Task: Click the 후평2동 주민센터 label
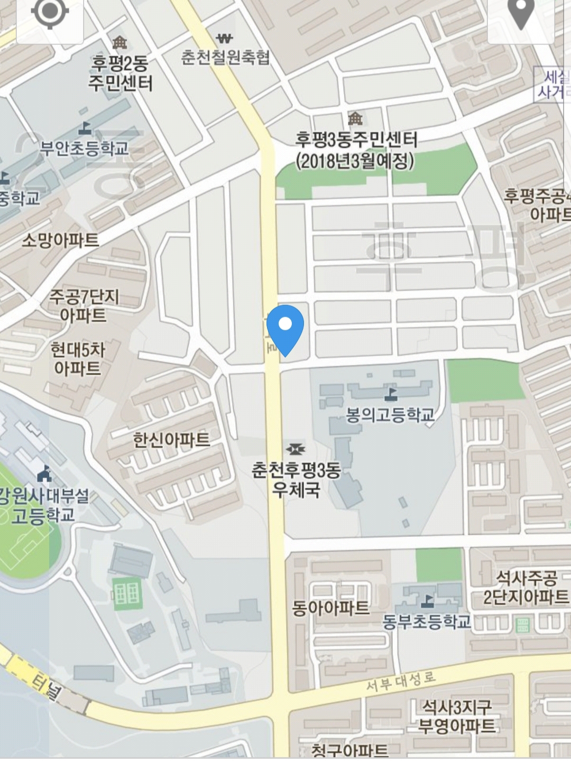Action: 120,73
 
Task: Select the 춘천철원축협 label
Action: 225,57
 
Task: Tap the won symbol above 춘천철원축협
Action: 225,39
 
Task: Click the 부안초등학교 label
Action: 85,148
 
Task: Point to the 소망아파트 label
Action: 60,240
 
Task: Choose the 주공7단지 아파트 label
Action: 84,305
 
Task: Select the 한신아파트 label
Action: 171,439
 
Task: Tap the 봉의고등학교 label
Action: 390,414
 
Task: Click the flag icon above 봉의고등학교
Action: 391,393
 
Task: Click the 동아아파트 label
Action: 330,608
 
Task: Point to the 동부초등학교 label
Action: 427,621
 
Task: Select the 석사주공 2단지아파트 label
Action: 526,587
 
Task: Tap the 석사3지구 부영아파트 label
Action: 457,716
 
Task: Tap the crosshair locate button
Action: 50,14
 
